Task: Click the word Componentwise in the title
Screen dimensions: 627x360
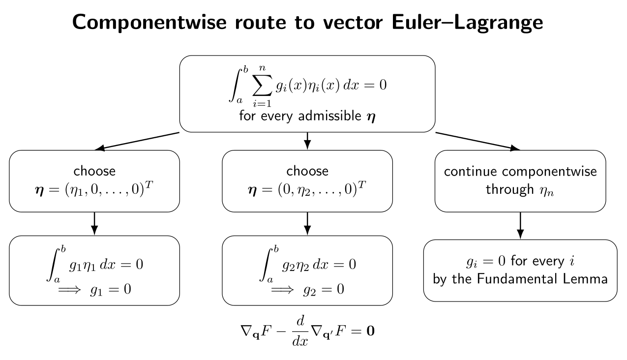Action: click(x=149, y=23)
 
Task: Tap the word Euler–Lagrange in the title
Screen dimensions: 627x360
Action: click(x=467, y=23)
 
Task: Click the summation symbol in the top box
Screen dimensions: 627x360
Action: click(x=262, y=85)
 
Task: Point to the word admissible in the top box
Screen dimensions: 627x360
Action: click(x=330, y=116)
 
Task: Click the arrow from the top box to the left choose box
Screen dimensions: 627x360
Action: click(x=137, y=141)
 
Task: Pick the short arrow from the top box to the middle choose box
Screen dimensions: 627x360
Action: click(x=307, y=141)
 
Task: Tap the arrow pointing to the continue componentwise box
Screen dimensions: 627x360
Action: click(x=478, y=141)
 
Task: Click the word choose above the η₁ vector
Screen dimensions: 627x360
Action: click(x=94, y=171)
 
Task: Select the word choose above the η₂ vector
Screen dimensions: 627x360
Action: click(x=307, y=171)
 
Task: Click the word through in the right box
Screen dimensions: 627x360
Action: click(x=510, y=189)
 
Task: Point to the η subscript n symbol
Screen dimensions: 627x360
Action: click(x=547, y=191)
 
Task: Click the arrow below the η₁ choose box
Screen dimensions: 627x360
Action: click(x=94, y=223)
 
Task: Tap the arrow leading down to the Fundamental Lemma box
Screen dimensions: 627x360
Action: click(x=520, y=226)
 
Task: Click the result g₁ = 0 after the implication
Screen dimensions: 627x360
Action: click(x=111, y=290)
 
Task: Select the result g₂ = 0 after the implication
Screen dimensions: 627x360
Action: click(x=324, y=290)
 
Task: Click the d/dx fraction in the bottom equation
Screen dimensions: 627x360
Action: click(x=300, y=331)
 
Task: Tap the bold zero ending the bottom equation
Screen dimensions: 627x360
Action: click(x=370, y=331)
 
